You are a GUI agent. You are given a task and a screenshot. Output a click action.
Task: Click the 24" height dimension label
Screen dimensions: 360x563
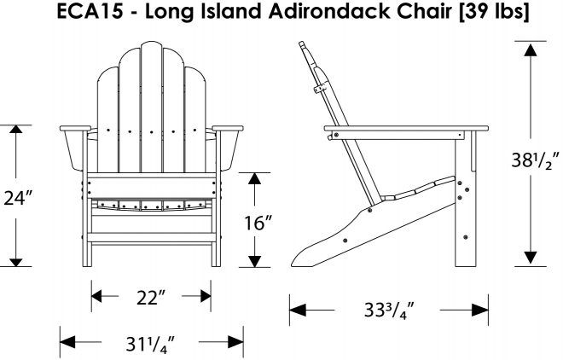(x=15, y=198)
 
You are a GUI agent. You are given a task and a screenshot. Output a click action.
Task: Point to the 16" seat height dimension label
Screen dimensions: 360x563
(x=256, y=224)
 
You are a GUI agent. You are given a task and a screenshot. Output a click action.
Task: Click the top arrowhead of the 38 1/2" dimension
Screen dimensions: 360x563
(x=530, y=49)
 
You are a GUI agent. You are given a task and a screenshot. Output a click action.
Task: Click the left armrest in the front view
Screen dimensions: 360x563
(x=74, y=129)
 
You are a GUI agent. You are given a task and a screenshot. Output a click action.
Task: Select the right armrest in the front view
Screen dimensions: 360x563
(x=228, y=129)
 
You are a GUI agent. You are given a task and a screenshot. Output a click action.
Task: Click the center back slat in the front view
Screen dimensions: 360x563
(x=151, y=94)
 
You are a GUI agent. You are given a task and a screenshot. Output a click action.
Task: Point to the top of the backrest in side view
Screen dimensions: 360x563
(x=308, y=47)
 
